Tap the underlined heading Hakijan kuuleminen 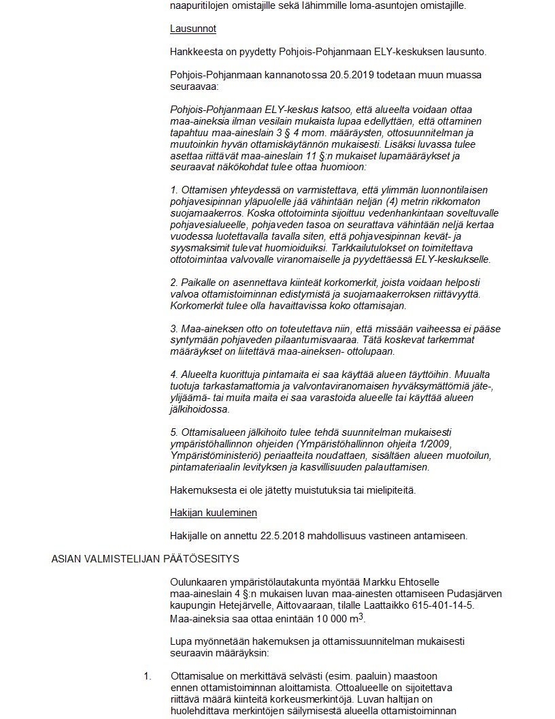tap(213, 513)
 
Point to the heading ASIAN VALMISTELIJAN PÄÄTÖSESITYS tap(145, 559)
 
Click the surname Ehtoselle tap(416, 581)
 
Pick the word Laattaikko tap(390, 605)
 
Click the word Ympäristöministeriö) tap(213, 456)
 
